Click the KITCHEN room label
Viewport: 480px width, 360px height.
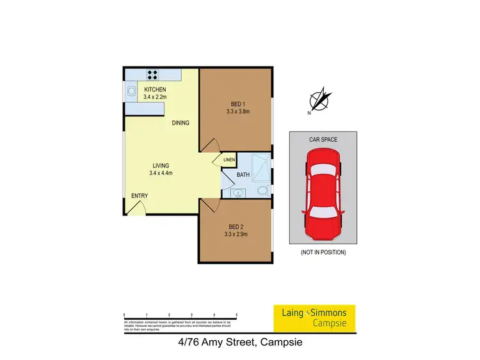(155, 89)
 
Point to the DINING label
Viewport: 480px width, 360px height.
(180, 123)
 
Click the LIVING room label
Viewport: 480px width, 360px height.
(161, 166)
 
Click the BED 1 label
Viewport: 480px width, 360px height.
(237, 104)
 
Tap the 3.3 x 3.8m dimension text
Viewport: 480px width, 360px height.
(237, 111)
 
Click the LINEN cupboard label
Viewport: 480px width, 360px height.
(229, 160)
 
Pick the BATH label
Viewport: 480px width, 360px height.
(243, 174)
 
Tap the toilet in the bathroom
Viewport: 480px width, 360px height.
(262, 190)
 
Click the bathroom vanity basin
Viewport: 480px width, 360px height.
(237, 191)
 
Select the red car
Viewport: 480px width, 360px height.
(323, 189)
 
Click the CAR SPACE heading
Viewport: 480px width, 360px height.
(323, 139)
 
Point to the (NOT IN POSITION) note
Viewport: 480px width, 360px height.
(323, 253)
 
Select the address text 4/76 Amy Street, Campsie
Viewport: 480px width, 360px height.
(239, 342)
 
